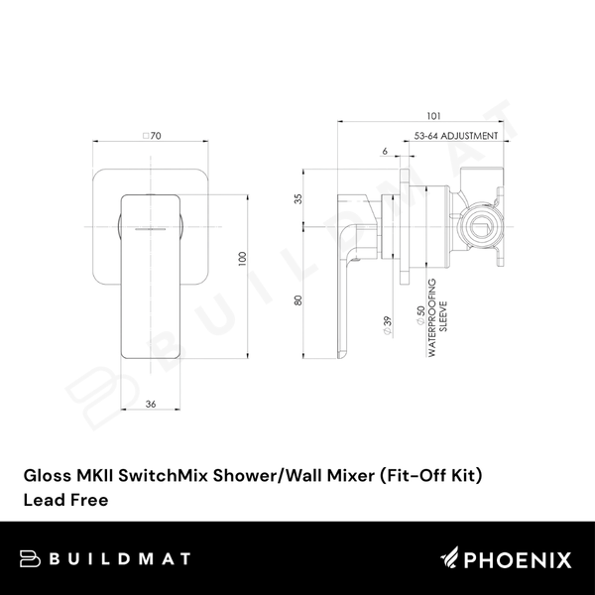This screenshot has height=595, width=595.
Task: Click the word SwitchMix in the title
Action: (156, 476)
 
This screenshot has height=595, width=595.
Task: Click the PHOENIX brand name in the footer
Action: (523, 561)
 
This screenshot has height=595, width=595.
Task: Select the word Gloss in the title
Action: (45, 476)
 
